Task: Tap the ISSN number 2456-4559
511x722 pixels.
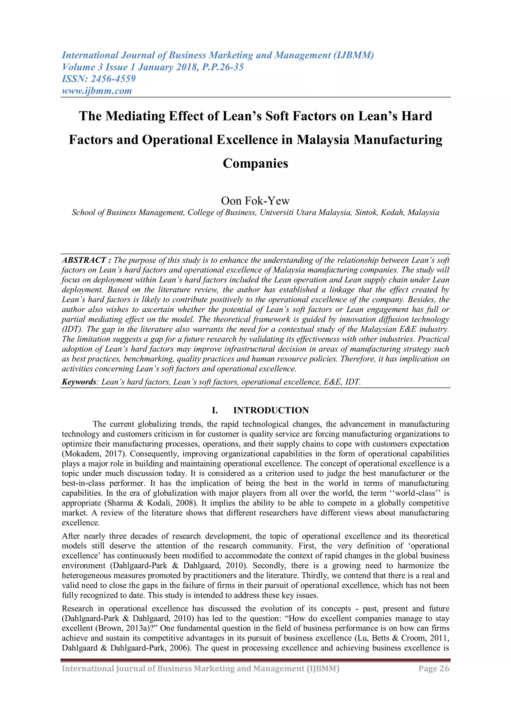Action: pyautogui.click(x=113, y=79)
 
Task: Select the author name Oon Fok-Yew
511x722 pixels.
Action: pyautogui.click(x=255, y=201)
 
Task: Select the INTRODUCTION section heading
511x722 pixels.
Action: pyautogui.click(x=271, y=410)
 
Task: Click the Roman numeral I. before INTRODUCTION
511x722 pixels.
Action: pyautogui.click(x=215, y=410)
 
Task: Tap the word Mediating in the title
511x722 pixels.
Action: pyautogui.click(x=135, y=116)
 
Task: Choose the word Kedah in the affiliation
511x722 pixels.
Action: pyautogui.click(x=392, y=212)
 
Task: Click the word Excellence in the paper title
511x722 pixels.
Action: pyautogui.click(x=246, y=140)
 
